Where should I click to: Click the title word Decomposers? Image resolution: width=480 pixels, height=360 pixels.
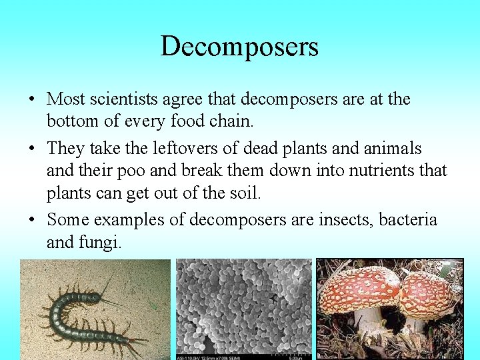239,47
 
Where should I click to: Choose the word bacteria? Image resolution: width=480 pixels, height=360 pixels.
408,219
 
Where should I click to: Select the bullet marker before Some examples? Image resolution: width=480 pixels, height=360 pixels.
32,219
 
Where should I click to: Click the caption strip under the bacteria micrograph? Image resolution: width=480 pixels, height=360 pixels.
244,357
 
